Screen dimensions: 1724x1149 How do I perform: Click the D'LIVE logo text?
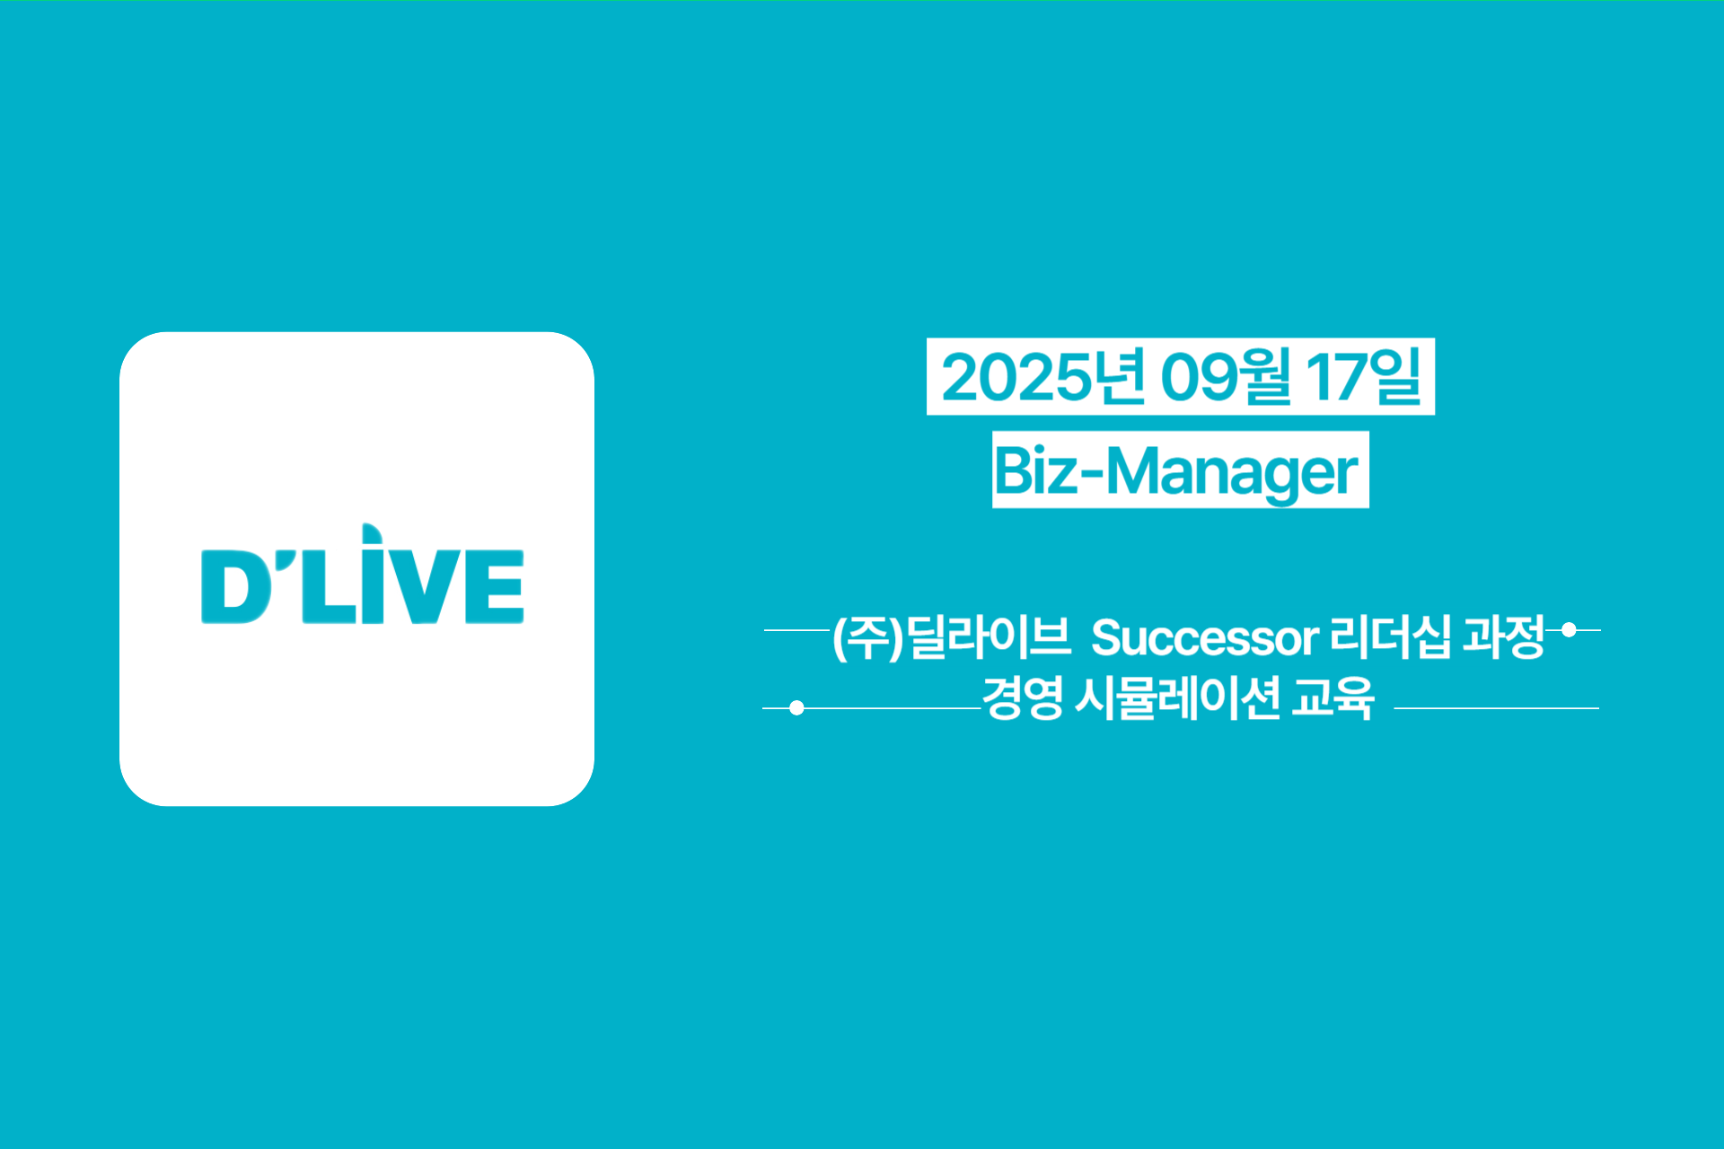(x=363, y=574)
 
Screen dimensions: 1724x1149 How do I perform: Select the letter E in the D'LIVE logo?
(x=494, y=586)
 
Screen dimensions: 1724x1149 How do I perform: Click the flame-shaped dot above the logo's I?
(x=371, y=534)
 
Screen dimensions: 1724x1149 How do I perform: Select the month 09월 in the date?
(x=1226, y=377)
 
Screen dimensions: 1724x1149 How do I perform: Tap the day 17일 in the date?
(x=1364, y=377)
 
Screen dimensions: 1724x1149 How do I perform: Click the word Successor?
(x=1205, y=638)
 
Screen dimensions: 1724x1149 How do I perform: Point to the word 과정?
(x=1504, y=636)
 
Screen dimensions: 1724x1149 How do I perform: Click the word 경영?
(x=1023, y=697)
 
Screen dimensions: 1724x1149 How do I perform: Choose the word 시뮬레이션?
(x=1177, y=697)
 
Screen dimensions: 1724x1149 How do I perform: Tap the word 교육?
(x=1333, y=697)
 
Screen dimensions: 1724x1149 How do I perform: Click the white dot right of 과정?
(x=1569, y=630)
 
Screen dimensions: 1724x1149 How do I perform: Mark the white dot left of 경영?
(x=796, y=708)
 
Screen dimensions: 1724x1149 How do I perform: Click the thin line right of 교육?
(x=1497, y=708)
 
